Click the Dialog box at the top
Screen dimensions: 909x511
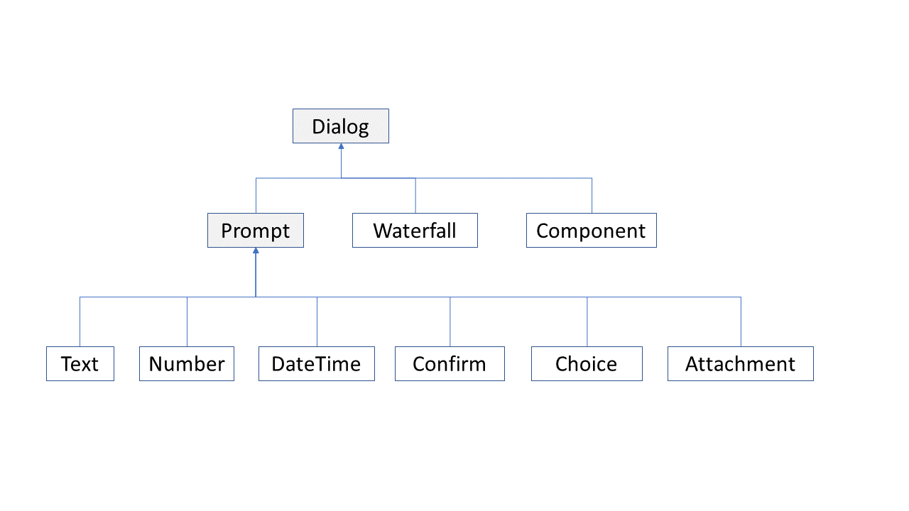coord(341,126)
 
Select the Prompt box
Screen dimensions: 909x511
coord(256,231)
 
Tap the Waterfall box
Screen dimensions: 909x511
coord(415,231)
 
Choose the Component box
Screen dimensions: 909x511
coord(592,231)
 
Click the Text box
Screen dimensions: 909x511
coord(80,363)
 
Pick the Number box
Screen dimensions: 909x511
coord(187,363)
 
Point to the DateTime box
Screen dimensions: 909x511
coord(317,363)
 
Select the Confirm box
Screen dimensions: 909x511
coord(450,363)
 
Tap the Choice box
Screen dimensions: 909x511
coord(587,363)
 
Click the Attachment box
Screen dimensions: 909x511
coord(741,363)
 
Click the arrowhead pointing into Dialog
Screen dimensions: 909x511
coord(342,146)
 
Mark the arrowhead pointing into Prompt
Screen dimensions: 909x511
coord(256,251)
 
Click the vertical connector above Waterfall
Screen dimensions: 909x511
coord(415,195)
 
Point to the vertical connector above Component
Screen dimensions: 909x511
coord(592,195)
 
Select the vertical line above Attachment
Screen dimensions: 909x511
coord(741,322)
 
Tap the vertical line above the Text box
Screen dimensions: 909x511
coord(80,322)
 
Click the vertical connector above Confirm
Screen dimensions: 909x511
coord(450,322)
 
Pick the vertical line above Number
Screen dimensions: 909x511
coord(187,322)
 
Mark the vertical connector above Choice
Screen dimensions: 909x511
coord(587,322)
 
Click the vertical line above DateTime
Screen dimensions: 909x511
coord(317,322)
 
